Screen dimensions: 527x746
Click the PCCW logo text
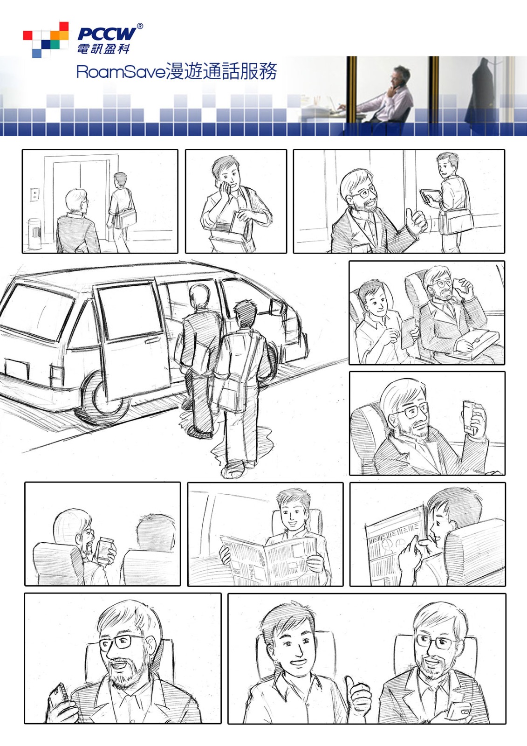coord(107,34)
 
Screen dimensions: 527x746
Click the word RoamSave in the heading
coord(121,72)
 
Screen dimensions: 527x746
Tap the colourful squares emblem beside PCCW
coord(46,40)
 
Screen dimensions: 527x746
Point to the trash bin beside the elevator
coord(35,234)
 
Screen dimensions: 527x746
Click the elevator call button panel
coord(34,194)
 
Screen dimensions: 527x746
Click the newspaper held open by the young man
coord(269,559)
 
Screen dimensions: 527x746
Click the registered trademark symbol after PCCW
coord(140,26)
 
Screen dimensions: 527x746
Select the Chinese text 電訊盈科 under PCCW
coord(103,48)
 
